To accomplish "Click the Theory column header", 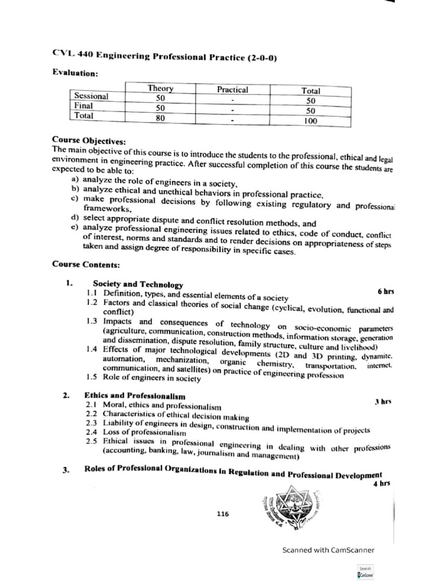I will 161,88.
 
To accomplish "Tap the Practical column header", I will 233,90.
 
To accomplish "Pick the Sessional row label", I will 91,96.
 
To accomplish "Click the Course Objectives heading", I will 89,140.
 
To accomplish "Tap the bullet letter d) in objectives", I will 74,217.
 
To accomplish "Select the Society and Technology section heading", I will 138,284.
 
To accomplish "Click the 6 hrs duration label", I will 386,291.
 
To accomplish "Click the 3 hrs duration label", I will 383,402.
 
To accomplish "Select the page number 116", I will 223,513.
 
